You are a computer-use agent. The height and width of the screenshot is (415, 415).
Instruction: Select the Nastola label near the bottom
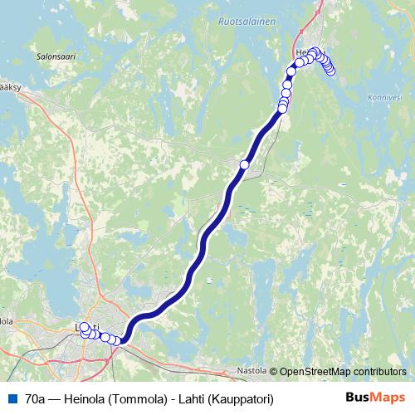pyautogui.click(x=251, y=370)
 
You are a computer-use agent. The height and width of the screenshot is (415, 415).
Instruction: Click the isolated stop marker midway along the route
pyautogui.click(x=244, y=164)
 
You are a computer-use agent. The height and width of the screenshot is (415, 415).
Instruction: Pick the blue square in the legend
pyautogui.click(x=12, y=398)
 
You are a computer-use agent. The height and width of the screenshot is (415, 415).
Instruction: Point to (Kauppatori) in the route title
pyautogui.click(x=241, y=398)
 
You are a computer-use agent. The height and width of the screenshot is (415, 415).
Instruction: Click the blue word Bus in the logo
pyautogui.click(x=358, y=397)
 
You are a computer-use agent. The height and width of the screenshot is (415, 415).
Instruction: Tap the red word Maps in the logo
pyautogui.click(x=388, y=397)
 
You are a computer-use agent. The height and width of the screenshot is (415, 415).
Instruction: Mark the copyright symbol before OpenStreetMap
pyautogui.click(x=274, y=371)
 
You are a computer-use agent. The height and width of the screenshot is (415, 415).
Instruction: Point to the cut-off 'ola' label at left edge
pyautogui.click(x=6, y=320)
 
